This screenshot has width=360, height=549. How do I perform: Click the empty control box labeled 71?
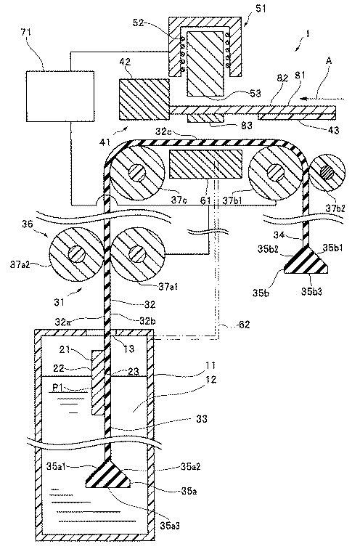60,97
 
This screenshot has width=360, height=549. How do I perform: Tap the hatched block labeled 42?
144,99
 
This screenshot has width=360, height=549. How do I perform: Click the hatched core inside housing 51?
205,63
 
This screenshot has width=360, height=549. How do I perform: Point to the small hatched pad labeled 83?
205,118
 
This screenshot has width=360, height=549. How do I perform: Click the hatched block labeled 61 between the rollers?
205,164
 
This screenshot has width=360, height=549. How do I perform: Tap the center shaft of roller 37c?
138,171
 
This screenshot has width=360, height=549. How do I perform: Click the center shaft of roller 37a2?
76,253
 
